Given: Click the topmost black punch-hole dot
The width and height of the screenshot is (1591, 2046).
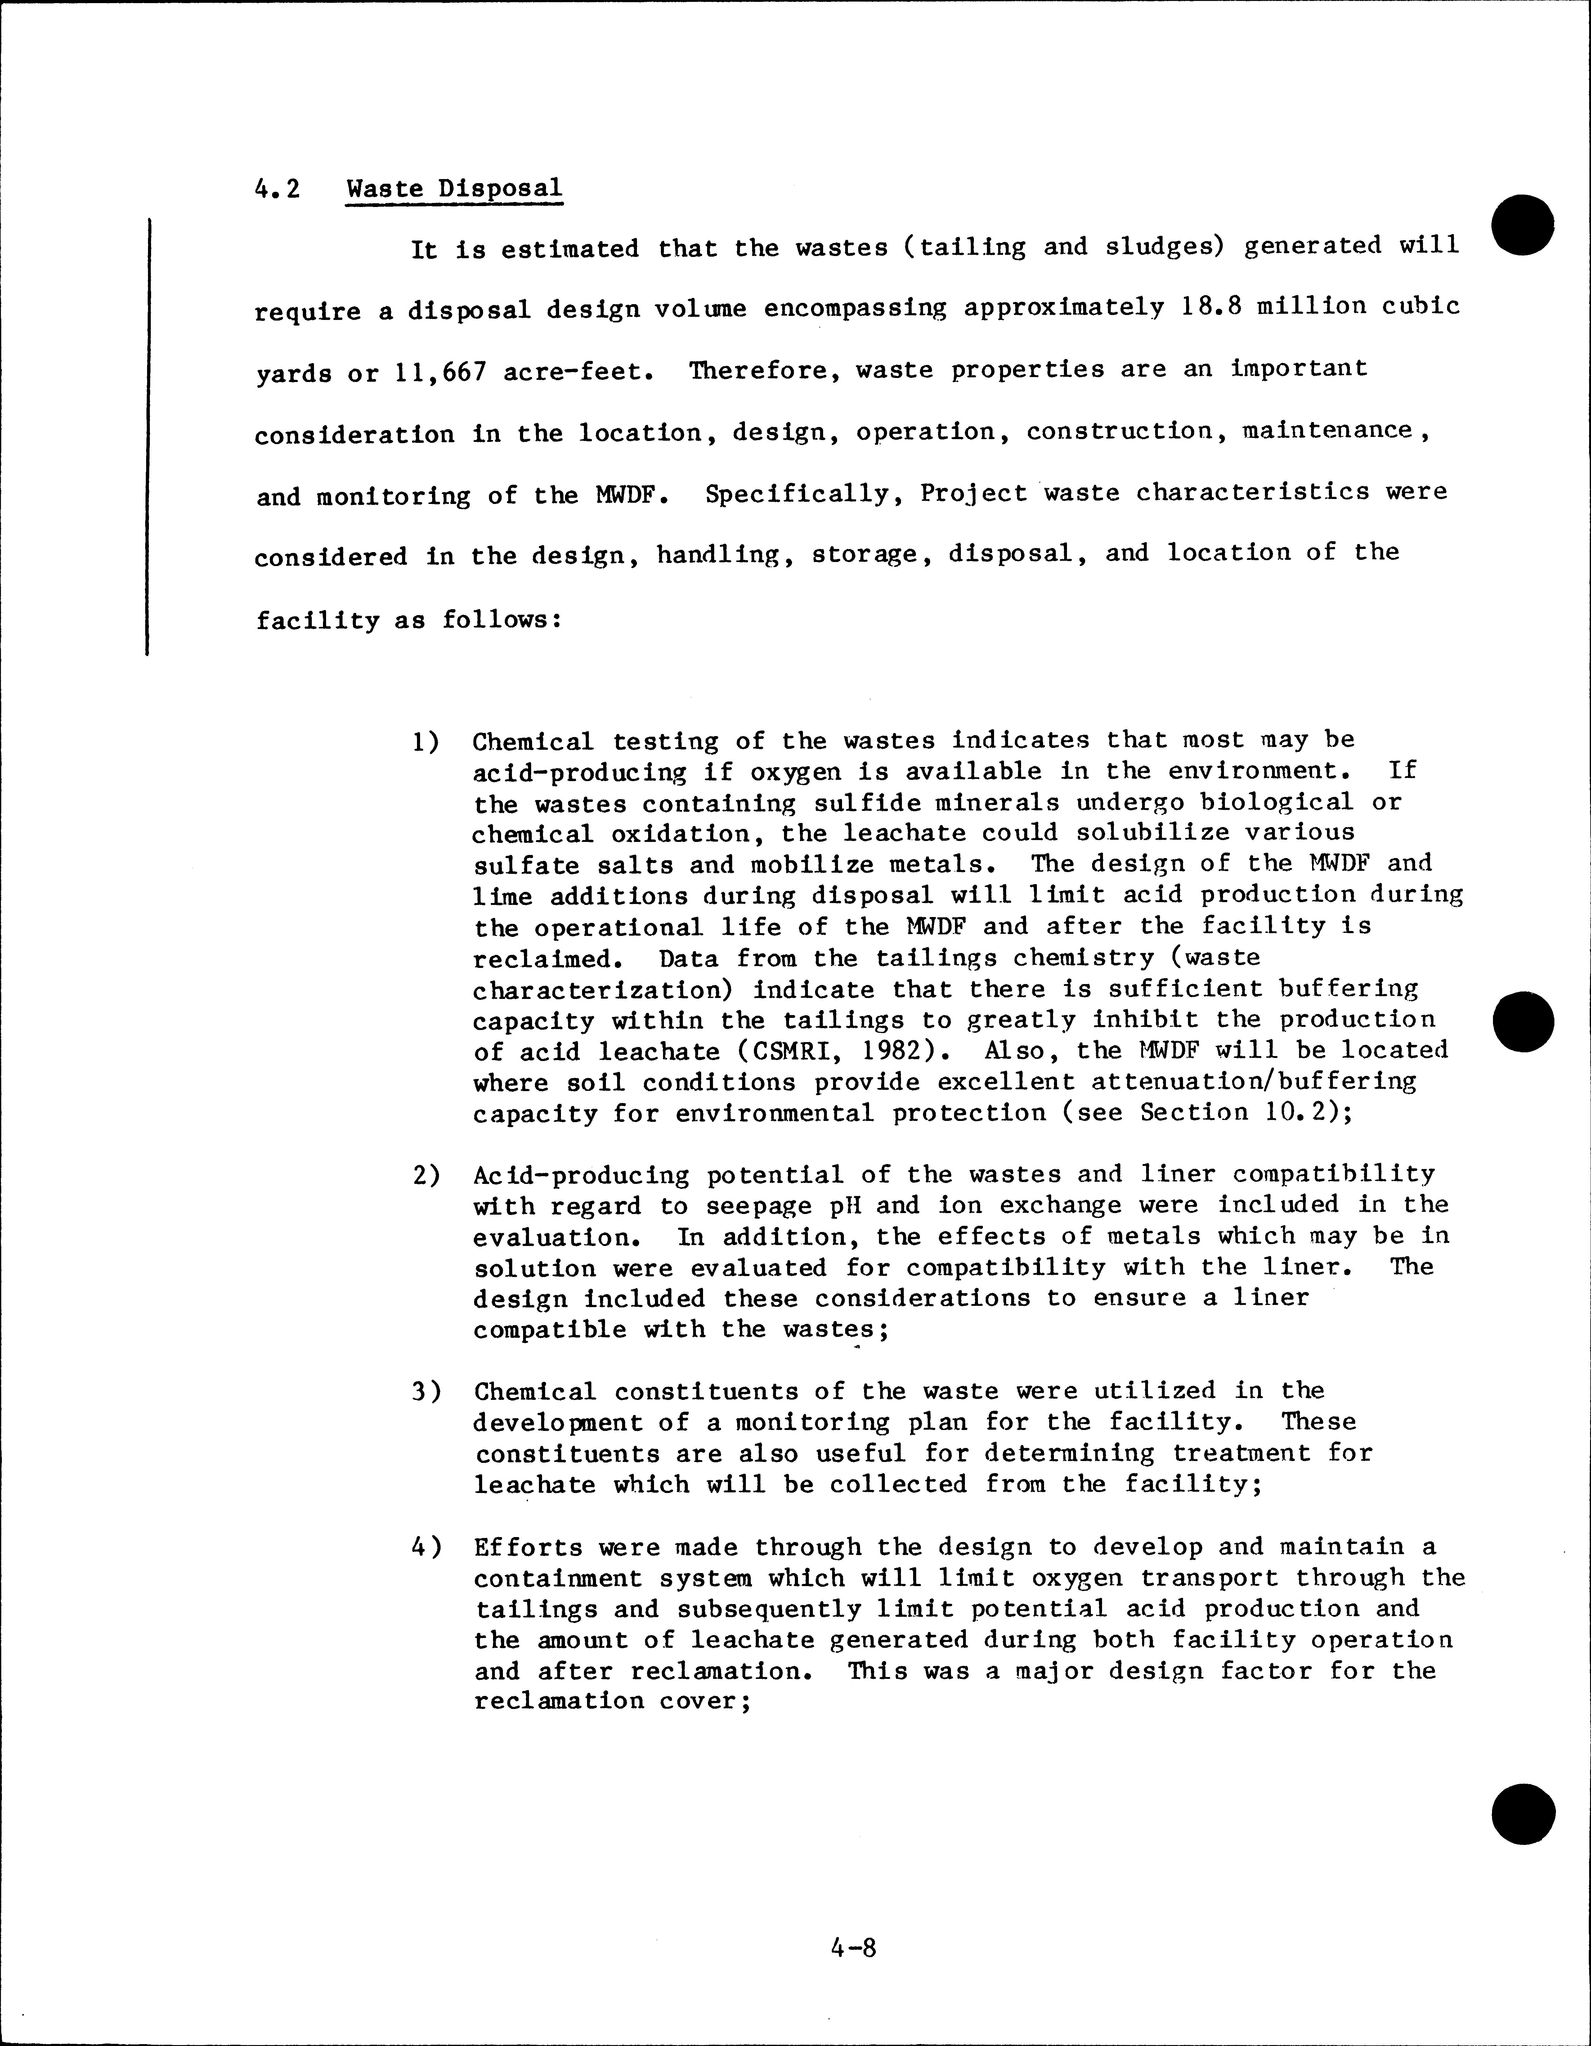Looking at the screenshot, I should (1524, 225).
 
